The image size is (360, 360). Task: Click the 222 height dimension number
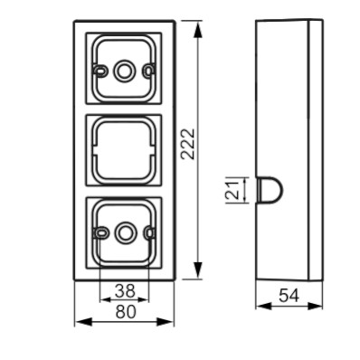point(188,144)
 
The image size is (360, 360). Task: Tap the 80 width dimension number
point(126,312)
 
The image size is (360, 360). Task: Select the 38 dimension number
point(125,290)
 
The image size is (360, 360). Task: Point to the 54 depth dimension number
point(289,295)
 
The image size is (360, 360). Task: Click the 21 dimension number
point(232,190)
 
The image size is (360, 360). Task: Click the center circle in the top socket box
point(123,71)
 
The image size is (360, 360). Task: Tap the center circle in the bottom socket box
point(123,232)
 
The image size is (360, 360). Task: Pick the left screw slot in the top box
point(99,71)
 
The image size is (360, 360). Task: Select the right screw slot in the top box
point(148,71)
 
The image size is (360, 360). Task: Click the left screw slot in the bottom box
point(100,232)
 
